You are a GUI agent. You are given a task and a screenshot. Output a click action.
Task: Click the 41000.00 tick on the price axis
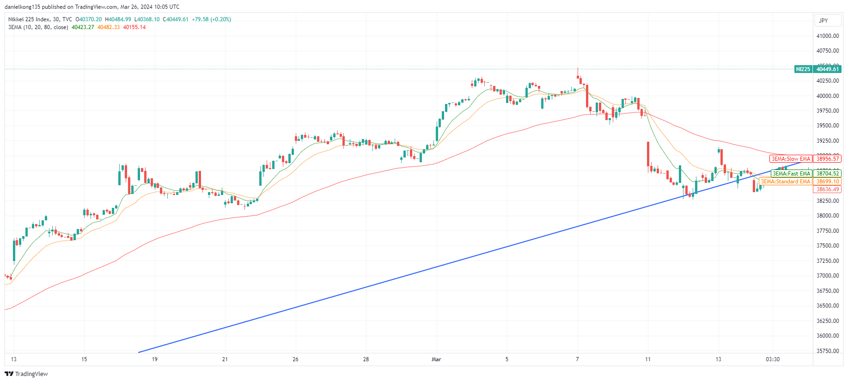pos(827,36)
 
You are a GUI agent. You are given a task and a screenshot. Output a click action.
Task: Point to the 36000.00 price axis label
pos(827,336)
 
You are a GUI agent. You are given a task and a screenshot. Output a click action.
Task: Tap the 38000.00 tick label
pos(827,216)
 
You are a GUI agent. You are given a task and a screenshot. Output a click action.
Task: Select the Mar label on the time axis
pos(436,359)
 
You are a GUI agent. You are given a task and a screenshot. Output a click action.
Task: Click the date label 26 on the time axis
pos(295,359)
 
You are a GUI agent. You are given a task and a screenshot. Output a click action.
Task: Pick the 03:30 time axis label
pos(772,359)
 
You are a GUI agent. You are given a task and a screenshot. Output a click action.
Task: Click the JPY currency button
pos(824,21)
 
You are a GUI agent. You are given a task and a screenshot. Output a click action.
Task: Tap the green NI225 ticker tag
pos(803,69)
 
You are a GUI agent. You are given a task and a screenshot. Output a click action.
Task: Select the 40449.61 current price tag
pos(827,69)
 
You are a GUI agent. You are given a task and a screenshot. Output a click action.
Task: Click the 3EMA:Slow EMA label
pos(791,159)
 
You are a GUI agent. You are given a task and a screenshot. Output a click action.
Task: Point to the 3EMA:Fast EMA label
pos(792,174)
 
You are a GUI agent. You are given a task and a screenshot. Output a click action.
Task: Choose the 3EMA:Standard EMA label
pos(786,182)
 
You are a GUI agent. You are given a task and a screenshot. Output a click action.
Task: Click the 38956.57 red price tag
pos(827,159)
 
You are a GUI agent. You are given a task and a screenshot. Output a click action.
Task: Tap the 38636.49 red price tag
pos(827,189)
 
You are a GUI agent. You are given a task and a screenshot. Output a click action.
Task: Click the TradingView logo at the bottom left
pos(26,374)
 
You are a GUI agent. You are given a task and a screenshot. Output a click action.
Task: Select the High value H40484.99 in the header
pos(118,19)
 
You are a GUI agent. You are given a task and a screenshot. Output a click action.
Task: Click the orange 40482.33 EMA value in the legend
pos(109,27)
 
